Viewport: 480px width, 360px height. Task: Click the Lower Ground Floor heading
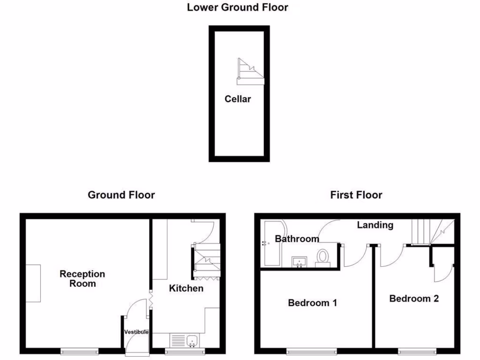[237, 7]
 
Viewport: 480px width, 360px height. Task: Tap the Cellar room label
[238, 99]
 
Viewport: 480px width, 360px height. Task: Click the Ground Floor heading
[121, 195]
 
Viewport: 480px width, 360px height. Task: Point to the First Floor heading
[356, 195]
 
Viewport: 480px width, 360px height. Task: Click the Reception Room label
[82, 279]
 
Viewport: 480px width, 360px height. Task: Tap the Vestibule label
[136, 332]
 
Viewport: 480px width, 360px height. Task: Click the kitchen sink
[185, 340]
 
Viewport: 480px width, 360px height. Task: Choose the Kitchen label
[186, 288]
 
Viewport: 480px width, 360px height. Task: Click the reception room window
[80, 351]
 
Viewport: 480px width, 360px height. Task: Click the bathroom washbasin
[299, 261]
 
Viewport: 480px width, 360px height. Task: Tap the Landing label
[375, 225]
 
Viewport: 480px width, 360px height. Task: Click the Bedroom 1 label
[312, 303]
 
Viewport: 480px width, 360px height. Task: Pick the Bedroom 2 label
[414, 299]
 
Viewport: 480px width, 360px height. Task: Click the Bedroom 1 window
[311, 351]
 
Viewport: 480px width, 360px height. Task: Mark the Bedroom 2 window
[417, 351]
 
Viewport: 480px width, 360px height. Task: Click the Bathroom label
[297, 239]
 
